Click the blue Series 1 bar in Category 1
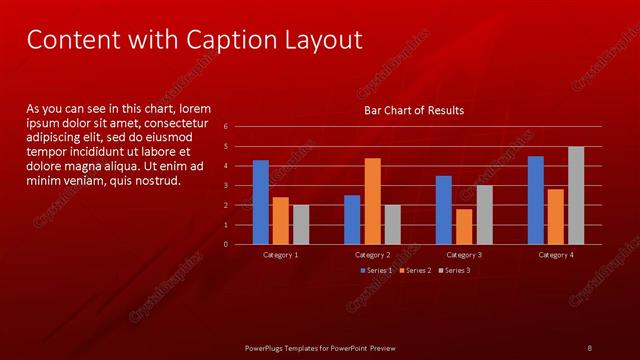tap(260, 202)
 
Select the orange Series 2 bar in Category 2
tap(372, 201)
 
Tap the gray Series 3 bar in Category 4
tap(576, 195)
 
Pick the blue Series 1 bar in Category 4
tap(535, 200)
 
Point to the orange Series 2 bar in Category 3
tap(464, 226)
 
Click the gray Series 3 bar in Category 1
tap(301, 224)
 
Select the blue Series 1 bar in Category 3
tap(443, 210)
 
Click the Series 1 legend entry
tap(377, 270)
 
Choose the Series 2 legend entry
tap(415, 270)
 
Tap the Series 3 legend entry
tap(453, 270)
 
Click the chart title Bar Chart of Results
tap(413, 110)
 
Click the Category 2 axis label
tap(372, 255)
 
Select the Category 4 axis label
tap(556, 255)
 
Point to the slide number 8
tap(590, 347)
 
